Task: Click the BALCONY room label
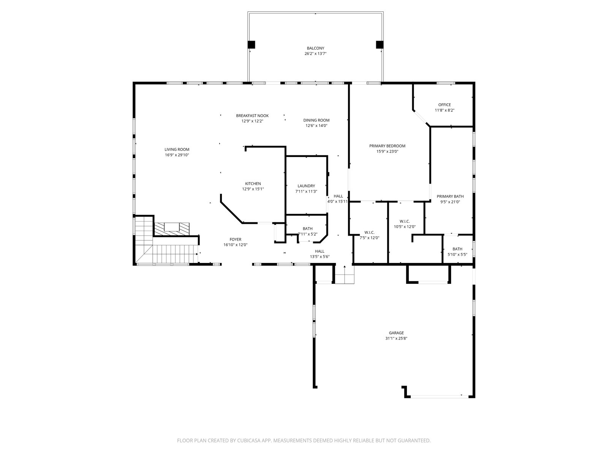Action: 315,48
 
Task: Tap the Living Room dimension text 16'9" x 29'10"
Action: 177,155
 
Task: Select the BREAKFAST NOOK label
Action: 252,116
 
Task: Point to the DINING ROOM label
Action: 316,120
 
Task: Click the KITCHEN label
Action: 253,184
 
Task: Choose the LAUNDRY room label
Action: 306,186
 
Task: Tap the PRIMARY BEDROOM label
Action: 387,146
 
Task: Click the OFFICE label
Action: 445,104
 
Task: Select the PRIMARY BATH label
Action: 450,196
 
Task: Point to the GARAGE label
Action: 396,333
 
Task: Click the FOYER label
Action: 236,239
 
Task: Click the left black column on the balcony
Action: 251,44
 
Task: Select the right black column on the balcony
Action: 380,44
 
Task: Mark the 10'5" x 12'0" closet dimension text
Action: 405,227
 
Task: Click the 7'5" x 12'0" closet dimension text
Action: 369,237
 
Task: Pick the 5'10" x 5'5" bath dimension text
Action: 457,255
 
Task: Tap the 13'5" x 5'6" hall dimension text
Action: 320,256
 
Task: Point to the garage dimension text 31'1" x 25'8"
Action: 396,338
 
